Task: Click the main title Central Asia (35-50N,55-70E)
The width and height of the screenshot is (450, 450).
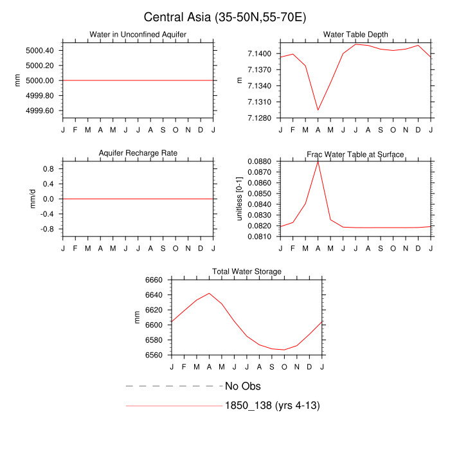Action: (x=224, y=17)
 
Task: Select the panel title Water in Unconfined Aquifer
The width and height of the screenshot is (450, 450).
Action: (x=138, y=34)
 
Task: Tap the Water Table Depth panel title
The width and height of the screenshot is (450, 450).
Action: (x=355, y=34)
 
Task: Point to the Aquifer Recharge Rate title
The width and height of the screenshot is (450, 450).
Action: (x=138, y=153)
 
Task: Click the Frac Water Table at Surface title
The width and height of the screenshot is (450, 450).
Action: (x=355, y=154)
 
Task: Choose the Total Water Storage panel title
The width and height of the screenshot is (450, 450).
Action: (x=247, y=272)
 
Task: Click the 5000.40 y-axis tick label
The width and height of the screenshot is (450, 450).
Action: (x=40, y=50)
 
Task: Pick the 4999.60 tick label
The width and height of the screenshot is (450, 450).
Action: (x=40, y=111)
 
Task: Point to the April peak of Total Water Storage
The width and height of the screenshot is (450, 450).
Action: (x=209, y=293)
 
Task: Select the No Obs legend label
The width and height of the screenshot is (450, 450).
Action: (x=242, y=386)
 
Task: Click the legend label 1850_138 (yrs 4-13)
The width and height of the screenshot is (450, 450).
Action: (x=272, y=406)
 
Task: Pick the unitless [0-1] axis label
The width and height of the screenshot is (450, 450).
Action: (x=240, y=199)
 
